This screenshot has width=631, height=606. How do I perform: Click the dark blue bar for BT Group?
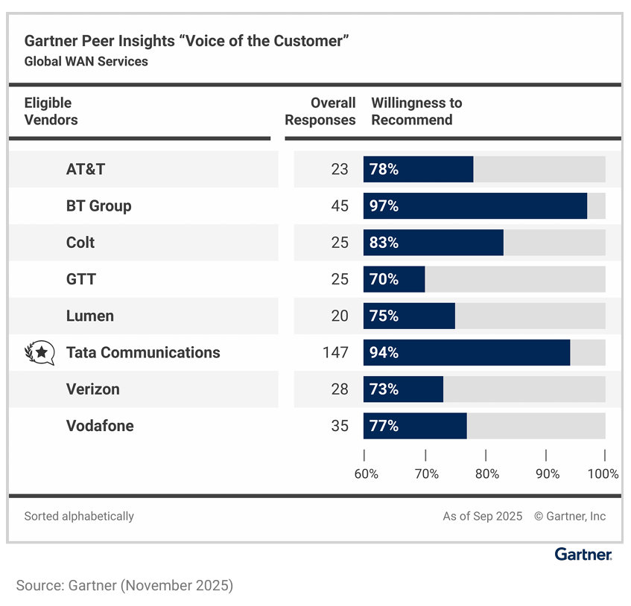point(475,206)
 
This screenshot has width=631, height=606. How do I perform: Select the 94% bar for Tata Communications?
point(466,353)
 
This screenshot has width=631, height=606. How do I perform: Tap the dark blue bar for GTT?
point(394,280)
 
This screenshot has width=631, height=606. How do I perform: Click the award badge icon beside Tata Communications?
point(39,353)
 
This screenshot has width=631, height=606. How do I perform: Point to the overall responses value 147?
point(335,353)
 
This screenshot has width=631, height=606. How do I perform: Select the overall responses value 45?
point(340,206)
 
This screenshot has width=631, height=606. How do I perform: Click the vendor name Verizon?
point(92,389)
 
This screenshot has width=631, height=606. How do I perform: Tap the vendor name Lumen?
point(90,316)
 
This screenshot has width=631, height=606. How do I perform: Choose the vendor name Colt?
point(80,243)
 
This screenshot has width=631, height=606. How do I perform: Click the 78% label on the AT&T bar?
point(384,170)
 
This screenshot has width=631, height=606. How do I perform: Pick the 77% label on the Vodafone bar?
point(384,427)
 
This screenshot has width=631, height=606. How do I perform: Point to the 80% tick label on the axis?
point(486,474)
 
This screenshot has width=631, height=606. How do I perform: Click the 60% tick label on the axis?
point(366,474)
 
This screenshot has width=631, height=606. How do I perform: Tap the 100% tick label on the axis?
point(603,474)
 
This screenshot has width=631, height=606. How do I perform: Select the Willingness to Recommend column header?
point(416,112)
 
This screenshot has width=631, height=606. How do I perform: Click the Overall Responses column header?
point(321,112)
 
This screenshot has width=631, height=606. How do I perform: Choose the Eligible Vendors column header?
point(51,112)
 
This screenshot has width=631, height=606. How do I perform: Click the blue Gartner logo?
point(583,555)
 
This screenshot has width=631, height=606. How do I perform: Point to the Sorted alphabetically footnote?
point(79,516)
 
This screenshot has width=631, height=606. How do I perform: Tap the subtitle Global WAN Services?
point(86,62)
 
